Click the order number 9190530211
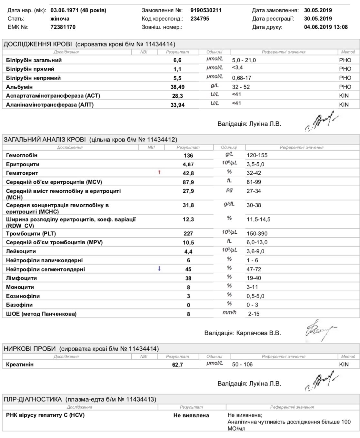tap(206, 10)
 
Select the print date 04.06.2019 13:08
tap(326, 27)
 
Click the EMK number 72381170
tap(63, 27)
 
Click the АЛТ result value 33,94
tap(178, 105)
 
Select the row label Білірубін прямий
tap(30, 69)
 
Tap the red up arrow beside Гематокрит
tap(159, 173)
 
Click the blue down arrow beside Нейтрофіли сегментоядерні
tap(159, 269)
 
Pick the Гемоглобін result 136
tap(188, 155)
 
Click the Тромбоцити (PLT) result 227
tap(188, 234)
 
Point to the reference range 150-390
tap(257, 234)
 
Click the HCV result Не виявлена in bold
tap(191, 415)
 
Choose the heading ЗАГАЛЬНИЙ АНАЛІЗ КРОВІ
tap(45, 140)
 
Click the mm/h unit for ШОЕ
tap(229, 313)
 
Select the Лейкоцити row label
tap(21, 251)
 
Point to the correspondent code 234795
tap(200, 19)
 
